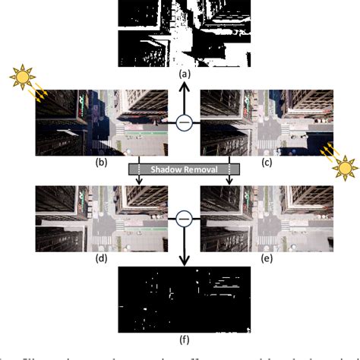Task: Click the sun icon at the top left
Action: tap(23, 78)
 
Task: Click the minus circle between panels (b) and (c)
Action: tap(182, 122)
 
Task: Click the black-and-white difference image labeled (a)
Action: tap(182, 33)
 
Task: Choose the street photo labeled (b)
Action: tap(99, 122)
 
